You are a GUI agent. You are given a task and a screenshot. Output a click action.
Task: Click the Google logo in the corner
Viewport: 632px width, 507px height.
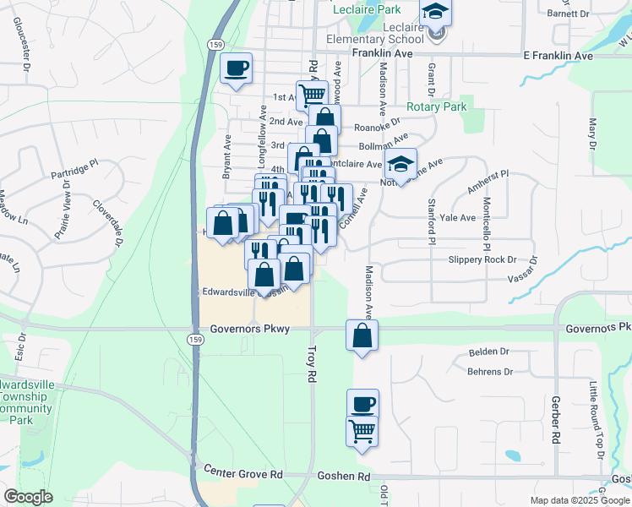(28, 498)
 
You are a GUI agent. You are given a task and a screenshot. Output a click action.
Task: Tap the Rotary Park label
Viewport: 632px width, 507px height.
(436, 107)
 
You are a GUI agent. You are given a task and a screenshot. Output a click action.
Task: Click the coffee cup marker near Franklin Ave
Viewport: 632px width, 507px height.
(236, 68)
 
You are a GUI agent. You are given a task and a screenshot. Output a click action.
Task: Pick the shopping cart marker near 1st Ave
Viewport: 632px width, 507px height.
(312, 95)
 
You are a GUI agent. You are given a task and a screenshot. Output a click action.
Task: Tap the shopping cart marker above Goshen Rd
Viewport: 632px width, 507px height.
(362, 431)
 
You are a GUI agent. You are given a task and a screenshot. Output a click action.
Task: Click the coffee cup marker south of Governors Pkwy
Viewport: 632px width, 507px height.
(362, 404)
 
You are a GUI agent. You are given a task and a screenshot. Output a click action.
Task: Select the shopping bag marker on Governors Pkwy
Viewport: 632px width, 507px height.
(362, 336)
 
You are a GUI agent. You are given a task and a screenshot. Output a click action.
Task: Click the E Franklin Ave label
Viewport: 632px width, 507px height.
(558, 55)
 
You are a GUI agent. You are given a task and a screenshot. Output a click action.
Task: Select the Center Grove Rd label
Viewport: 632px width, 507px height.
(242, 475)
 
